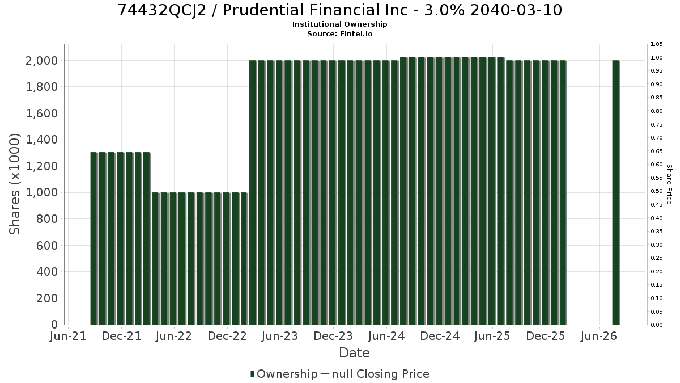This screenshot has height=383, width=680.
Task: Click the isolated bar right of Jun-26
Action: (616, 192)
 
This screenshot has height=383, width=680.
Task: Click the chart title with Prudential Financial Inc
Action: (339, 10)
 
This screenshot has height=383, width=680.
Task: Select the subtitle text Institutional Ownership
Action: (339, 24)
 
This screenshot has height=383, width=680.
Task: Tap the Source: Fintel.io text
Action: (339, 33)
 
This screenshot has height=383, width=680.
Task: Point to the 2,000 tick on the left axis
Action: (41, 61)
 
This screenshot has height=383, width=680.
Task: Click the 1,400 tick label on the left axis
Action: (41, 140)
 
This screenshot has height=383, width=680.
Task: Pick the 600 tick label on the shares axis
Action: (46, 245)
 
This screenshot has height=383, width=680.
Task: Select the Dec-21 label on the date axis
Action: (121, 336)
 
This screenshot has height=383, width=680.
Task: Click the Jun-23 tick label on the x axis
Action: (280, 336)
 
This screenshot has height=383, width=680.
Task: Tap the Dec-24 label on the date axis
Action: (440, 336)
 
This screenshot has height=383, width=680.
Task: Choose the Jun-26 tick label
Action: (598, 336)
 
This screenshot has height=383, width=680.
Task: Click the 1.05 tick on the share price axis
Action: (656, 44)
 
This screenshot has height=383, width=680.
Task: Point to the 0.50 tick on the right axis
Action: (656, 191)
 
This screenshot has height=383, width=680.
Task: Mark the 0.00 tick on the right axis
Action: (656, 325)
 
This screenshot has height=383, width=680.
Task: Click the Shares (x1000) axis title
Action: (14, 184)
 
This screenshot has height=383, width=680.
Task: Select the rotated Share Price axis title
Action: (669, 184)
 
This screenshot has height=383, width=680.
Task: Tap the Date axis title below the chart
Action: (354, 353)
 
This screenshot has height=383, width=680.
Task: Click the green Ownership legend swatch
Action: (252, 374)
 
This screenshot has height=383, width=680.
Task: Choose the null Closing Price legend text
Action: (380, 374)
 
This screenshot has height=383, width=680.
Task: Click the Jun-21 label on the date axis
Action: (68, 336)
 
